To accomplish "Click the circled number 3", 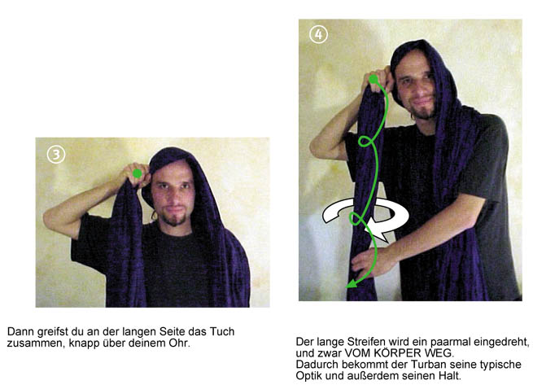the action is point(56,155).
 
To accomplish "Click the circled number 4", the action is point(318,34).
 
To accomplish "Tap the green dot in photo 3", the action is point(138,173).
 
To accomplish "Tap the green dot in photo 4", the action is point(374,79).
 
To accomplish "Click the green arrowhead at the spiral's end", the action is point(352,283).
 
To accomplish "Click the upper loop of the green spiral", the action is point(365,141).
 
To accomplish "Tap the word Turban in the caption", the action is point(427,365).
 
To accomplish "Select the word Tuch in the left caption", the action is point(222,331).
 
